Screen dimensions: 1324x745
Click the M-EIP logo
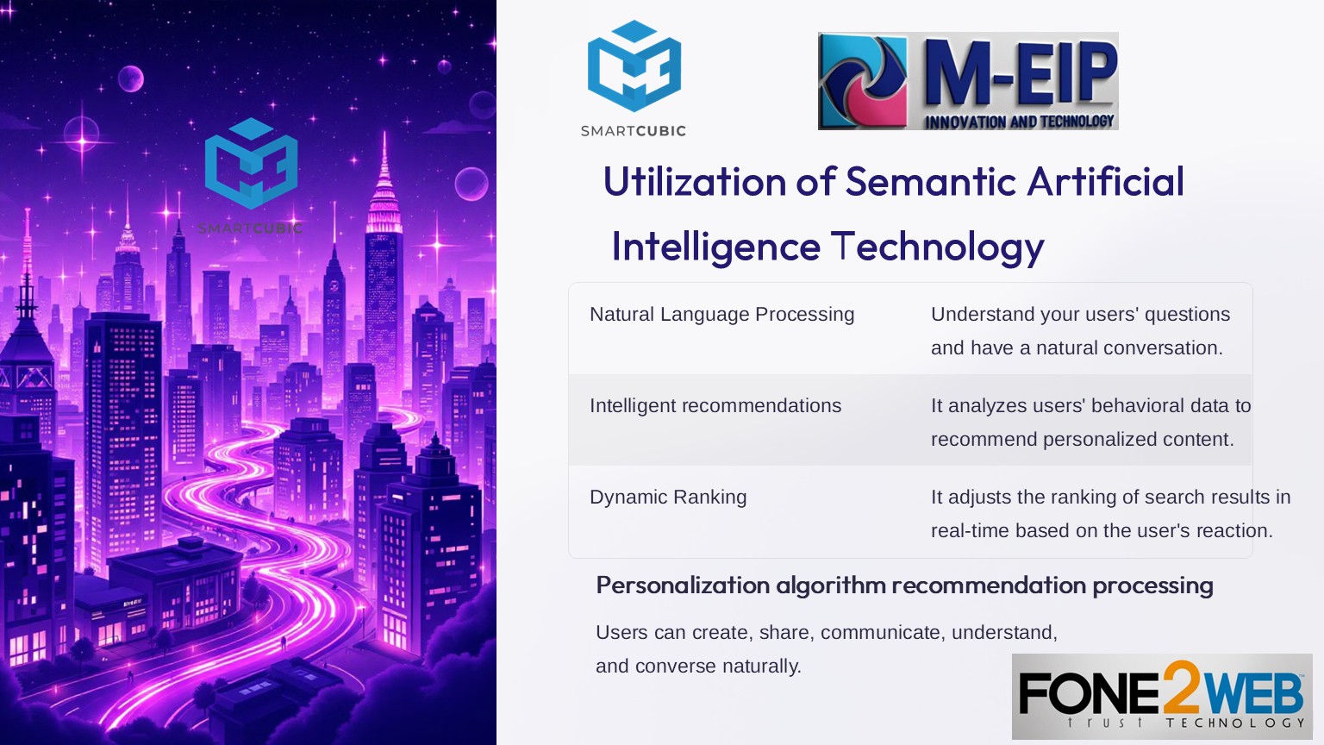968,81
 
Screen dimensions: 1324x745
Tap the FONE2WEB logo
1162,696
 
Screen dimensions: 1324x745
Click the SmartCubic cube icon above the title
634,66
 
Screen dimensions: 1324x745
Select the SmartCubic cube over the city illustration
251,163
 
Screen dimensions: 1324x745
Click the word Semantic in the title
931,181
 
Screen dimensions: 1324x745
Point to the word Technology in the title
938,247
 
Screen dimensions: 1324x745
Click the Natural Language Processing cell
721,315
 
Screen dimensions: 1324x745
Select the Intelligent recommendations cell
715,405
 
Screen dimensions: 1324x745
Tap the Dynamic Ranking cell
668,498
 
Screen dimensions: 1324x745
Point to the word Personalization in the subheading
682,585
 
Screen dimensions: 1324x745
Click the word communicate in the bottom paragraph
881,633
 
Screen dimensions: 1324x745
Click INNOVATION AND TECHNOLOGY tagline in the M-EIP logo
1020,122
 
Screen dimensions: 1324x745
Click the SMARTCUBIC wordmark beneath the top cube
633,131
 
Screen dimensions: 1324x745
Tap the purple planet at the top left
131,78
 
